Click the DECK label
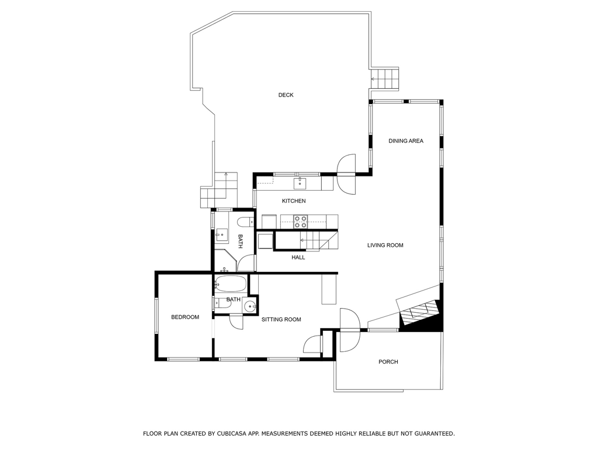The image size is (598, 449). [286, 95]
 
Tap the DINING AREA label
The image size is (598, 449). [406, 141]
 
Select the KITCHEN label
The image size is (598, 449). [294, 201]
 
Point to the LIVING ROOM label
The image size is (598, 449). [385, 245]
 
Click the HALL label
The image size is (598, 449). [298, 257]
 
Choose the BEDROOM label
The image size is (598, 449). [185, 317]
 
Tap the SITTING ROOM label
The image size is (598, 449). [281, 320]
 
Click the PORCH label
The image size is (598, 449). [388, 361]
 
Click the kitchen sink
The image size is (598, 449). [300, 183]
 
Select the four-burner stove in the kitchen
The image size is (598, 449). [300, 222]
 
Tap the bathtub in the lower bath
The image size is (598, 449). [231, 284]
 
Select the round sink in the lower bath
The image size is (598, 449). [250, 305]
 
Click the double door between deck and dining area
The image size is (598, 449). [346, 174]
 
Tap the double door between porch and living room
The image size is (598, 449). [350, 330]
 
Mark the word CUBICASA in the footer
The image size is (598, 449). [231, 433]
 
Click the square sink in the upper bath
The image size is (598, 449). [221, 235]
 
